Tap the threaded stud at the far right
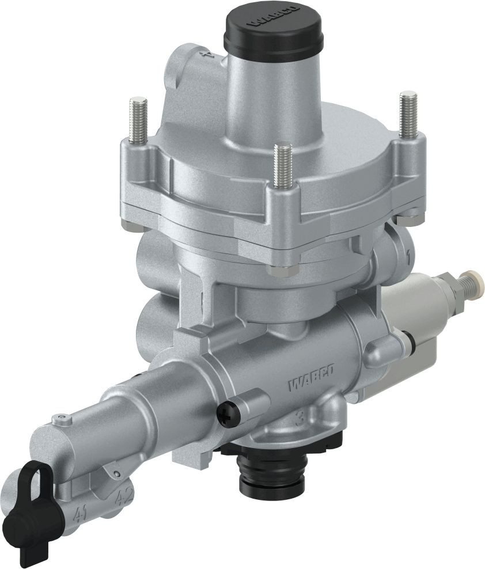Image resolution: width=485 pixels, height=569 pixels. pos(407,115)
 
